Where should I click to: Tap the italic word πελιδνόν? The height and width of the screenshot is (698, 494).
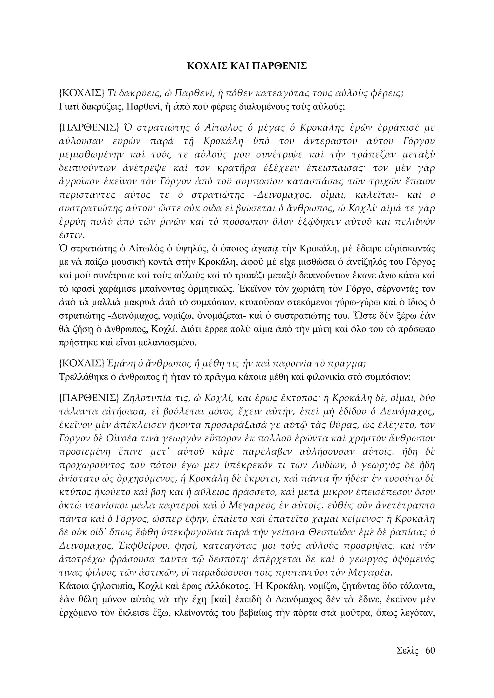pyautogui.click(x=415, y=222)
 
